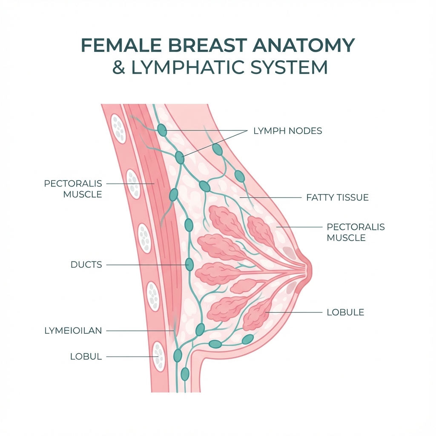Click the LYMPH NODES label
tap(287, 131)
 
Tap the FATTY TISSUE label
tap(337, 198)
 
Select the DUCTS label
tap(86, 265)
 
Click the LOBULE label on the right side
tap(345, 312)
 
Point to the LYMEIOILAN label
tap(73, 330)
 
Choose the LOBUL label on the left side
tap(86, 357)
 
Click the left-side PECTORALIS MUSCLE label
tap(73, 189)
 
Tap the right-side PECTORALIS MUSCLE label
tap(356, 232)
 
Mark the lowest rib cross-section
tap(159, 356)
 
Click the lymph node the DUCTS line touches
tap(189, 265)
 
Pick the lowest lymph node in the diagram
tap(185, 374)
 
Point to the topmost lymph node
tap(162, 130)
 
